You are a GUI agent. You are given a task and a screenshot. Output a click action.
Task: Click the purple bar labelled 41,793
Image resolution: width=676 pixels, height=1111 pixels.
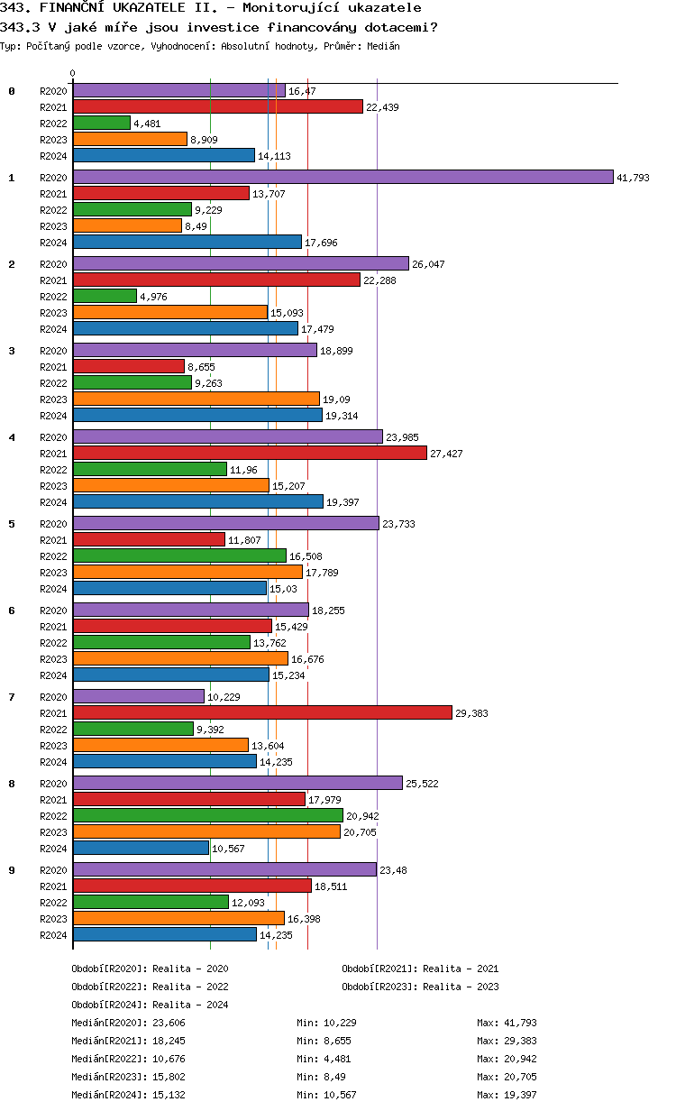click(343, 177)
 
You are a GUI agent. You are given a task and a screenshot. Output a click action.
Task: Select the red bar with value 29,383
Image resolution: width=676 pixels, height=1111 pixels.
click(262, 712)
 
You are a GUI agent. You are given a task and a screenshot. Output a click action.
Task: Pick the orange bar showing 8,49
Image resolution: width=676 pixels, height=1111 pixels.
click(127, 225)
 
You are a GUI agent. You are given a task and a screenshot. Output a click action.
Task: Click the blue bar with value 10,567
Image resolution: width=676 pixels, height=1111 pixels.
click(141, 848)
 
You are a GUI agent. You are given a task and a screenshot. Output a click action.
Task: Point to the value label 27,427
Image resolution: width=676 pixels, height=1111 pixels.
click(446, 454)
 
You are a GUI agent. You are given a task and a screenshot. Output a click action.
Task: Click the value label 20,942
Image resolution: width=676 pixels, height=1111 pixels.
click(362, 816)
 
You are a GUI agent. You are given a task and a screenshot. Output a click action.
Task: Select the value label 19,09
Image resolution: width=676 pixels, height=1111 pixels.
click(335, 399)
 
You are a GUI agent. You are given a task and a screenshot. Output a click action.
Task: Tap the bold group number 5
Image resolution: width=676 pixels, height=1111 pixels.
click(12, 523)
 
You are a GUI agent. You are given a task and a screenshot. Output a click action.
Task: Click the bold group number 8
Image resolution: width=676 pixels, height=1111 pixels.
click(12, 783)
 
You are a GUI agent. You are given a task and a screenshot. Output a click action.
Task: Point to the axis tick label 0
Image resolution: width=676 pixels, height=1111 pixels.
click(73, 73)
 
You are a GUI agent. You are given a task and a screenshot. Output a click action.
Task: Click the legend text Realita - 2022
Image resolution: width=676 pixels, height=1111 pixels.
click(190, 987)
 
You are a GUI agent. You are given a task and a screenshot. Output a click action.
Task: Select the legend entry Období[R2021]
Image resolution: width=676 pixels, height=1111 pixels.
click(379, 969)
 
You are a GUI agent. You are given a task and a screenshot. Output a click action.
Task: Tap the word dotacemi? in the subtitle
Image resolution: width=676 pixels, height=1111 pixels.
click(399, 26)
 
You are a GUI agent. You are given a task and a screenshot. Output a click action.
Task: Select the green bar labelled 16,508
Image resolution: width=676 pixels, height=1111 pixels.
click(179, 555)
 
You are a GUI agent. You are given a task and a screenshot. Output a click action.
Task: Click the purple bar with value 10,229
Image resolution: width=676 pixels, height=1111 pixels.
click(139, 696)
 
